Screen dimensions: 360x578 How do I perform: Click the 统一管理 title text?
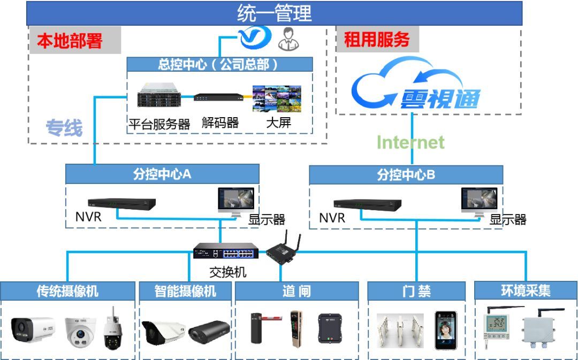point(274,13)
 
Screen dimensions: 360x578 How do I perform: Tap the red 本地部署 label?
point(69,41)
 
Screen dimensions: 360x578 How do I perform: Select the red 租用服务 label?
point(376,40)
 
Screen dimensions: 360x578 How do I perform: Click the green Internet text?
point(410,142)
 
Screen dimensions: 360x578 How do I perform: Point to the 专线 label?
point(64,128)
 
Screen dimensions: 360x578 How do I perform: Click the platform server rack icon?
point(158,97)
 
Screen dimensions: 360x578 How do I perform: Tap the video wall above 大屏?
point(276,98)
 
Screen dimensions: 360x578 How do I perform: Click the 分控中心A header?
point(162,174)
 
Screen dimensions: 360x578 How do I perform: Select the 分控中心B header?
point(406,174)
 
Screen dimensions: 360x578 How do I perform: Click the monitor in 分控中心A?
point(237,201)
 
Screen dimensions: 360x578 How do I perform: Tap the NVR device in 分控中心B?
point(367,205)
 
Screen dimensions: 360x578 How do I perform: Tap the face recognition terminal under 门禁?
point(446,330)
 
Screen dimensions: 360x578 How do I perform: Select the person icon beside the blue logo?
point(288,38)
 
